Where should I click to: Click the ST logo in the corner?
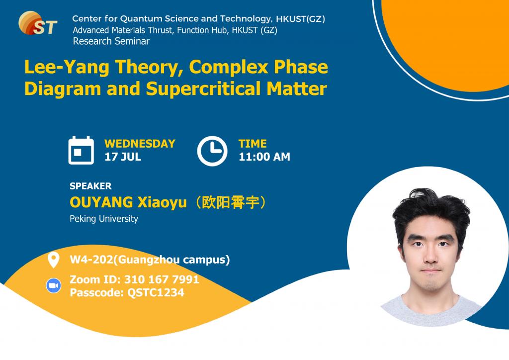pyautogui.click(x=38, y=23)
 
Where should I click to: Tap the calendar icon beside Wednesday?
pyautogui.click(x=81, y=150)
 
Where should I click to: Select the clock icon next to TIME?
pyautogui.click(x=212, y=151)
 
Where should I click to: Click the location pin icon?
pyautogui.click(x=53, y=260)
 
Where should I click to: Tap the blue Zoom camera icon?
pyautogui.click(x=54, y=285)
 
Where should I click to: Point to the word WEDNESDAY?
pyautogui.click(x=140, y=144)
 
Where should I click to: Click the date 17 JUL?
pyautogui.click(x=123, y=157)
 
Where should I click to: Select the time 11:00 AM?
pyautogui.click(x=264, y=157)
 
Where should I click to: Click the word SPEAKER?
pyautogui.click(x=90, y=186)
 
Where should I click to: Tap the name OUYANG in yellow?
pyautogui.click(x=101, y=202)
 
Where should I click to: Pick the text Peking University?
pyautogui.click(x=104, y=219)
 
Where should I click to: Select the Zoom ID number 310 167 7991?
pyautogui.click(x=162, y=279)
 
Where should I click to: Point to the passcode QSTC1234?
pyautogui.click(x=156, y=292)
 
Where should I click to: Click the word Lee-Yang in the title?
pyautogui.click(x=67, y=68)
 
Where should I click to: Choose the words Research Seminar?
pyautogui.click(x=111, y=41)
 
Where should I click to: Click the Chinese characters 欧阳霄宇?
pyautogui.click(x=231, y=202)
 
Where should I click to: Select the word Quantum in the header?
pyautogui.click(x=141, y=19)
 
